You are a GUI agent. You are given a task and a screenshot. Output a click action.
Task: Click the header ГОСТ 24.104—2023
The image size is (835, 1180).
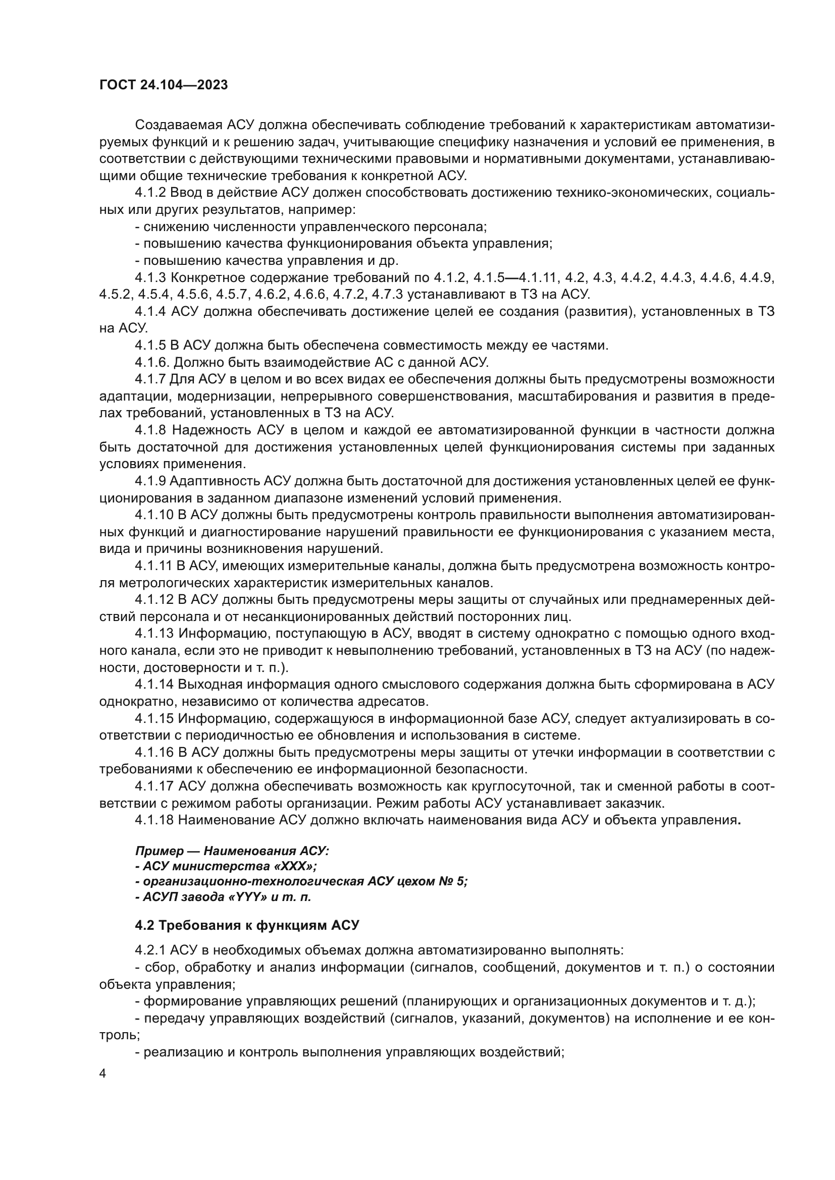coord(164,85)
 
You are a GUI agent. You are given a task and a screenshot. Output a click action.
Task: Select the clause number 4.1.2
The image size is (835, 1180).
coord(150,193)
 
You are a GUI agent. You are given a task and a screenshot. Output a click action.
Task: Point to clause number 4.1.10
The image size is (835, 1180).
coord(154,515)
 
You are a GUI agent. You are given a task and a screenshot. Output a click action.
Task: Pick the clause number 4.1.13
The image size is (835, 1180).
coord(154,634)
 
